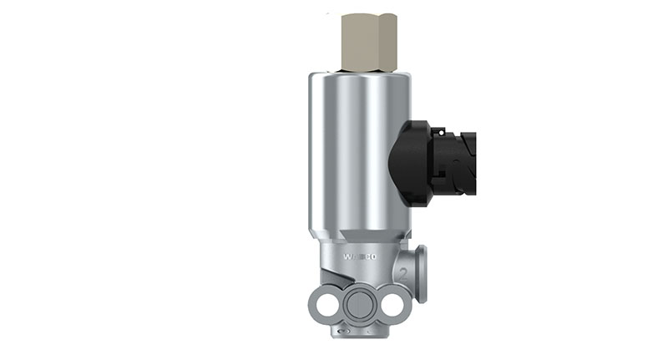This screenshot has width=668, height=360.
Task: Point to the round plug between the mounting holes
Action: [359, 305]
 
